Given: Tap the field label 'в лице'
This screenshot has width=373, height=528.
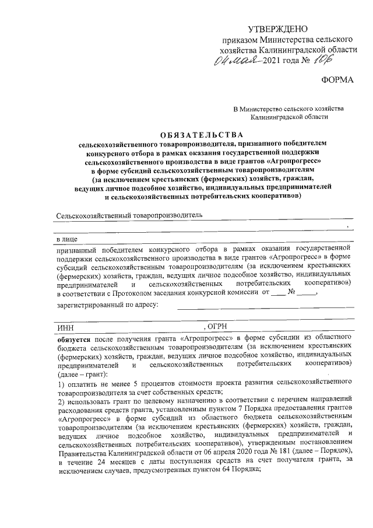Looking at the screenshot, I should pos(66,240).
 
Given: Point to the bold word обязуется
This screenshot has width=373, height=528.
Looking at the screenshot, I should pos(75,338).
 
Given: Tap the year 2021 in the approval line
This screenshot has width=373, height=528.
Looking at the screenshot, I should pos(274,61).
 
